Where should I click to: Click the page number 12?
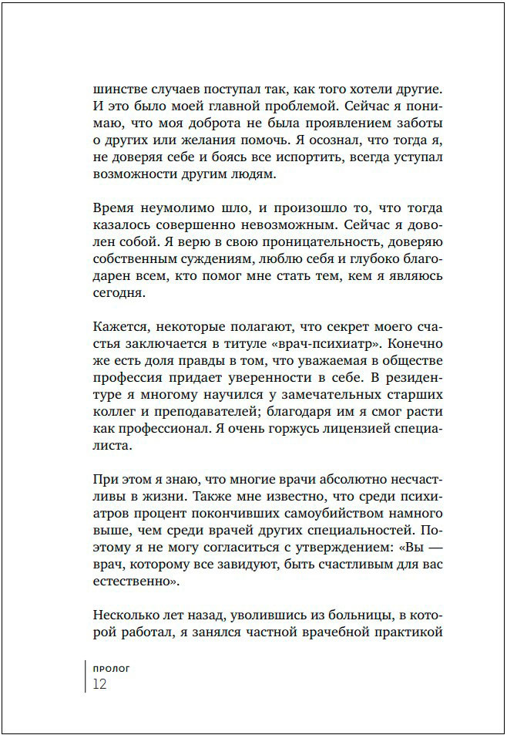click(x=99, y=684)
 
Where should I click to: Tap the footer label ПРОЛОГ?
click(x=111, y=668)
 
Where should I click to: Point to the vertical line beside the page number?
click(x=86, y=676)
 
